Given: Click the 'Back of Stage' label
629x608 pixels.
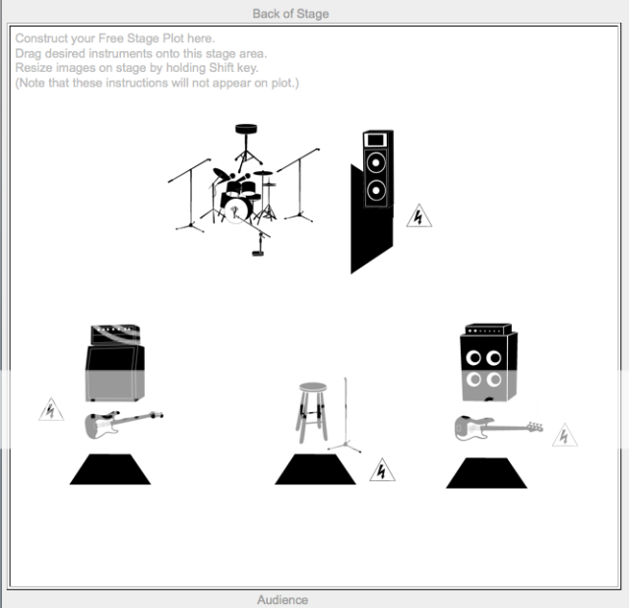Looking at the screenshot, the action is [x=290, y=14].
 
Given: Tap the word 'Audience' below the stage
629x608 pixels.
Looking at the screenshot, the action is [x=283, y=599].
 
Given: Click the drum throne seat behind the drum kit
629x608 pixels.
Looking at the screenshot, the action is [x=246, y=129].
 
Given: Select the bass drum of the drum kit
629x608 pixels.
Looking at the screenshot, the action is [x=235, y=209].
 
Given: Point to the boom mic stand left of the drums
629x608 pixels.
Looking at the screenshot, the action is [x=190, y=196].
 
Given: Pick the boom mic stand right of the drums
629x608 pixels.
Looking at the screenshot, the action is [x=299, y=185].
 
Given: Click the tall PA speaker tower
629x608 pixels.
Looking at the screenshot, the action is [x=372, y=201].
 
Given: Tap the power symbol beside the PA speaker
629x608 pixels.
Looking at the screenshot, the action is [x=418, y=215].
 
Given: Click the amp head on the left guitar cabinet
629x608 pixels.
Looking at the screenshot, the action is [x=115, y=334].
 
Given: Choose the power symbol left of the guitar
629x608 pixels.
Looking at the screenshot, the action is [x=51, y=409].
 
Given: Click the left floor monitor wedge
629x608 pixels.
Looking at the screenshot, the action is [x=110, y=469].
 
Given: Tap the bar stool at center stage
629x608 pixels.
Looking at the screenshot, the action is [x=312, y=412].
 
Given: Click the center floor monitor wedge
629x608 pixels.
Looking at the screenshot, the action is [x=315, y=469].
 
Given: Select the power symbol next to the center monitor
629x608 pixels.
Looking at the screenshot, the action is [x=382, y=469].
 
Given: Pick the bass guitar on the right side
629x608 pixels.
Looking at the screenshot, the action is [x=499, y=428].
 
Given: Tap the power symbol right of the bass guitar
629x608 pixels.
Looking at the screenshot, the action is [x=564, y=435].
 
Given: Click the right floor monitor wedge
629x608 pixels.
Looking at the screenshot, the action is [x=486, y=473].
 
